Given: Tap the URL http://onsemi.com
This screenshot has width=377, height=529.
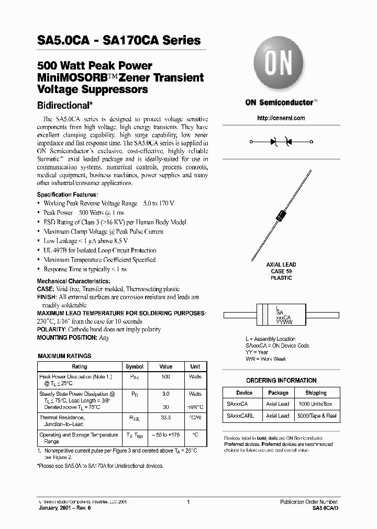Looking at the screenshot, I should click(281, 118).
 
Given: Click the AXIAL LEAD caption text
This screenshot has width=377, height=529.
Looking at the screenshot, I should click(281, 265).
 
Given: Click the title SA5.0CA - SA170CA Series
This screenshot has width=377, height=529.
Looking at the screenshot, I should click(119, 40).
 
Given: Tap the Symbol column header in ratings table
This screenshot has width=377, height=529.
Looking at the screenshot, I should click(135, 366).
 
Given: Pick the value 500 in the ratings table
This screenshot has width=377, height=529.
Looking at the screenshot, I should click(165, 376).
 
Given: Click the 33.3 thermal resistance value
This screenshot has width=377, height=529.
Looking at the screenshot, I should click(165, 418).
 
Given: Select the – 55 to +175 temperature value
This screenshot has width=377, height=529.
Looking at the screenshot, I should click(165, 435).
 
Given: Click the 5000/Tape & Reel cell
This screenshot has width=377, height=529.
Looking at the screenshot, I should click(316, 416).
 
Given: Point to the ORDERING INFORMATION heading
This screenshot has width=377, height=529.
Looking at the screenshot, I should click(281, 381).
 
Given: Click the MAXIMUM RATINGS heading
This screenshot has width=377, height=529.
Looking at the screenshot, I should click(64, 356).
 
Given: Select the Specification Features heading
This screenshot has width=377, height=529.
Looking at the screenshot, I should click(67, 194).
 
